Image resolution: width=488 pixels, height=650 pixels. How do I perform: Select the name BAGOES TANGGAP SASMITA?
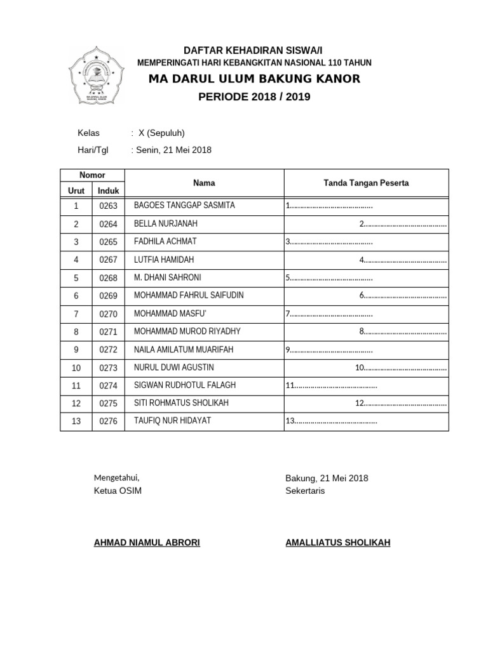point(185,206)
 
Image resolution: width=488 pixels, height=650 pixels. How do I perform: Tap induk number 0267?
point(109,260)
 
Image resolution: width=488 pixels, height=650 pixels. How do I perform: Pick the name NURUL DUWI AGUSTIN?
point(174,368)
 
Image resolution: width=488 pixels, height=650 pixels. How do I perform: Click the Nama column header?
point(204,183)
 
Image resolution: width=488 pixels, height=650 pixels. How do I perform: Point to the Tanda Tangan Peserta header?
point(366,183)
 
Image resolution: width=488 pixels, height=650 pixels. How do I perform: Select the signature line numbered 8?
point(403,331)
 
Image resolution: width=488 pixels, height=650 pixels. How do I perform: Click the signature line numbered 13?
point(332,421)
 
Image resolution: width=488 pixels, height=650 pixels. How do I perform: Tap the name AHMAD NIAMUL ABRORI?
point(147,543)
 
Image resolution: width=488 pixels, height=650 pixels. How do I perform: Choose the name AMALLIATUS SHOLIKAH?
point(338,543)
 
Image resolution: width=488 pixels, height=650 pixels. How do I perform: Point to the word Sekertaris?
point(305,491)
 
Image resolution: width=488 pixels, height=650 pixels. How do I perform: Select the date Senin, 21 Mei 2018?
point(173,150)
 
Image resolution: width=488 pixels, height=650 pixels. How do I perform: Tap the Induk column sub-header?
point(109,190)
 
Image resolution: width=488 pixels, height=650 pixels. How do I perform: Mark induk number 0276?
point(109,421)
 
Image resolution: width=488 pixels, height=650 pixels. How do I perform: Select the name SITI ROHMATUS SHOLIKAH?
point(181,403)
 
